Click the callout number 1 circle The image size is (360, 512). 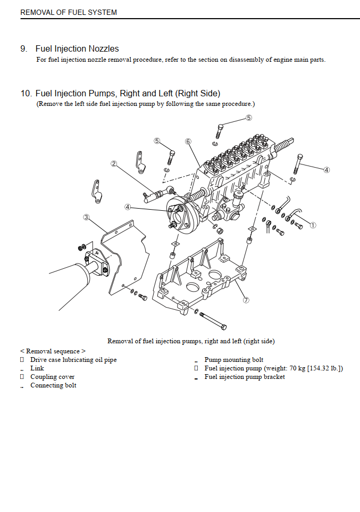coord(313,225)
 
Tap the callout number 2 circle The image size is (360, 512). coord(114,163)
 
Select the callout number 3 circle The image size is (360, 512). coord(86,217)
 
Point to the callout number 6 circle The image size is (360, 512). coord(188,142)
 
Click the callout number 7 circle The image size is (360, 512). coord(246,300)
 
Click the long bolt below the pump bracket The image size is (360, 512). coord(213,320)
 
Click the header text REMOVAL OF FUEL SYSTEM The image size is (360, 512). coord(69,12)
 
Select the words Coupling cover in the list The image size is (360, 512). coord(52,377)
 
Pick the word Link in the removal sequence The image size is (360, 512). coord(37,368)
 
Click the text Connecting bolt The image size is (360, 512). coord(53,385)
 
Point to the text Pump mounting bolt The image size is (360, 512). coord(233,360)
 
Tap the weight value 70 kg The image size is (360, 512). coord(297,368)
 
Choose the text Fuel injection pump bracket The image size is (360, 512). coord(245,377)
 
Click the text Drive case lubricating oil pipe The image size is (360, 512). coord(73,360)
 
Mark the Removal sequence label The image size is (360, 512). coord(53,351)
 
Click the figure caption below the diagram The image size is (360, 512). coord(191,341)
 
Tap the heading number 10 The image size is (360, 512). coord(26,93)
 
